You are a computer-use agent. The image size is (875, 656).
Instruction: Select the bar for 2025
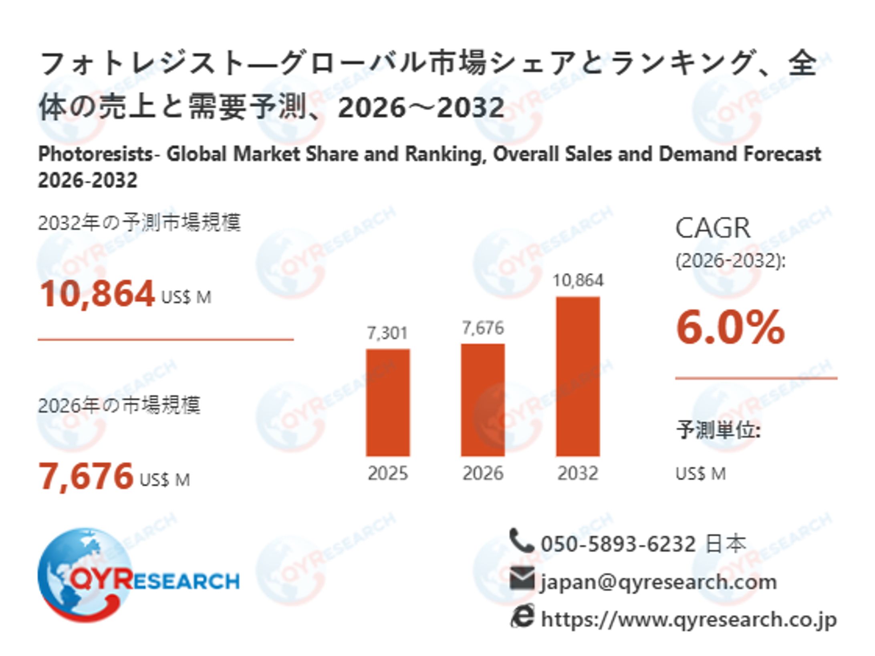387,402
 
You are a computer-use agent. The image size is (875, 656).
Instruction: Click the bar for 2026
482,400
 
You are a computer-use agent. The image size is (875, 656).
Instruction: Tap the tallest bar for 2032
577,376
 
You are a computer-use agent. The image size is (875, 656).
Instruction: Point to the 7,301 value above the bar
387,333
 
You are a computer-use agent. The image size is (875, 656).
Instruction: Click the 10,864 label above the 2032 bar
577,280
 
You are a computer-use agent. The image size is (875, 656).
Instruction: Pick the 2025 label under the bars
387,473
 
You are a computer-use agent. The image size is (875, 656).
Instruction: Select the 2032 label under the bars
577,473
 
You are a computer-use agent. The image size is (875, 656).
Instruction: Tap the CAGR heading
713,228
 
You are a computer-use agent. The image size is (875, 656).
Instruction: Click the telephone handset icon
521,541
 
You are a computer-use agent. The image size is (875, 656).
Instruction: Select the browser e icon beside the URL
522,616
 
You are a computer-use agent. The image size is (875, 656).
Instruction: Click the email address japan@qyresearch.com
658,582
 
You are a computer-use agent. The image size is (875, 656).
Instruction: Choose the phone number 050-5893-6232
618,544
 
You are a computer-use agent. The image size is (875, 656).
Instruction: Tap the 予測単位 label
718,431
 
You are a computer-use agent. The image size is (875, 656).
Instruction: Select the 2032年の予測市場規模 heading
139,223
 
